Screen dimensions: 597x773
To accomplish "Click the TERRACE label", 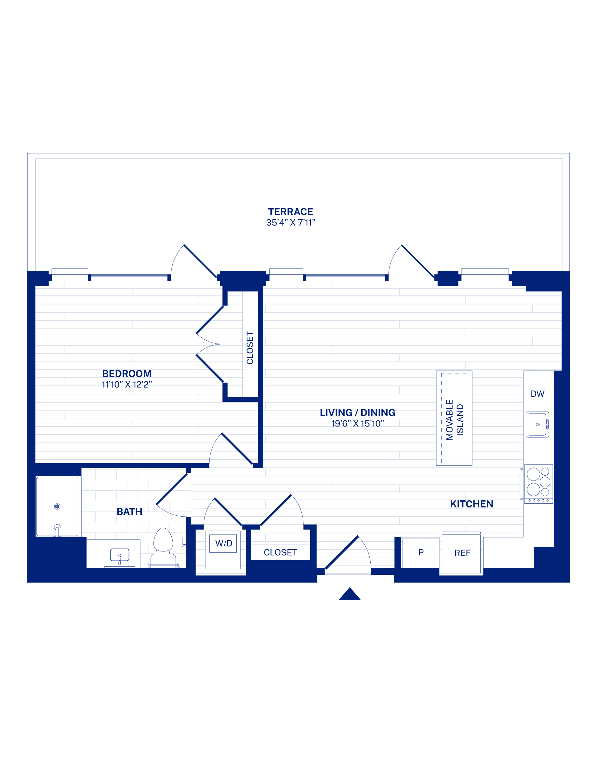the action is pyautogui.click(x=290, y=212).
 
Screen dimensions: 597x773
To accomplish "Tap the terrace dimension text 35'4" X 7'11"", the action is pyautogui.click(x=290, y=223).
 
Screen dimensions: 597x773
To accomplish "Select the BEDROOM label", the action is pyautogui.click(x=126, y=374).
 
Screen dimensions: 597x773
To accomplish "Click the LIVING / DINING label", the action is pyautogui.click(x=358, y=413).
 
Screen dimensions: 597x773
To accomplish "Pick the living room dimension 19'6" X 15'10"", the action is pyautogui.click(x=358, y=424).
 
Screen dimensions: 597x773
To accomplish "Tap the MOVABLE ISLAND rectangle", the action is pyautogui.click(x=454, y=418).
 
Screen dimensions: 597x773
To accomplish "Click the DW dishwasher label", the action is pyautogui.click(x=537, y=394).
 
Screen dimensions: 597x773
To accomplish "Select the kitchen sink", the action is pyautogui.click(x=537, y=424).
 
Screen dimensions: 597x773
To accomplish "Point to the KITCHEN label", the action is pyautogui.click(x=471, y=504).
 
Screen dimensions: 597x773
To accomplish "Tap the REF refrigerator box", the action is pyautogui.click(x=461, y=553).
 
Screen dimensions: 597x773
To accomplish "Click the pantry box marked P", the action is pyautogui.click(x=421, y=552).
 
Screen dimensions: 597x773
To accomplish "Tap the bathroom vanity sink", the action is pyautogui.click(x=120, y=555).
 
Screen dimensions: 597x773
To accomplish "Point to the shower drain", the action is pyautogui.click(x=57, y=507).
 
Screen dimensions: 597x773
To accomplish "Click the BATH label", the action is pyautogui.click(x=129, y=512).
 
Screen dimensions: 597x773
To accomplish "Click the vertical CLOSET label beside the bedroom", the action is pyautogui.click(x=250, y=348).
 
